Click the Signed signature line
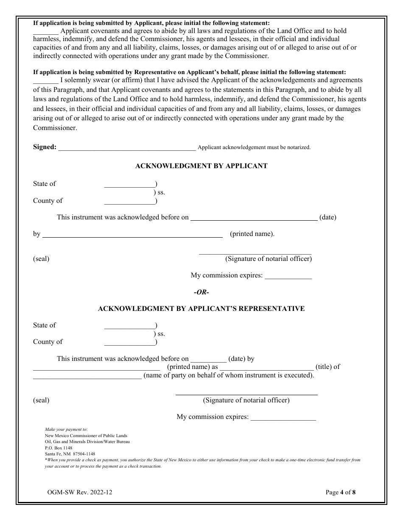127,149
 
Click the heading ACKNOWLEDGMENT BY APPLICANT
201,166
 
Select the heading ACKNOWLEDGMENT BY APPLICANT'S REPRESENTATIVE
201,309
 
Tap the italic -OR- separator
201,292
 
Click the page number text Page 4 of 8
340,492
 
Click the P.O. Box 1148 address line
59,448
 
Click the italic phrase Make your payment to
66,430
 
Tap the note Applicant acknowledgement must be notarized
254,147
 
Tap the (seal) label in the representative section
41,400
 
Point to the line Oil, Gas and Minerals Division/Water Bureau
87,442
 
